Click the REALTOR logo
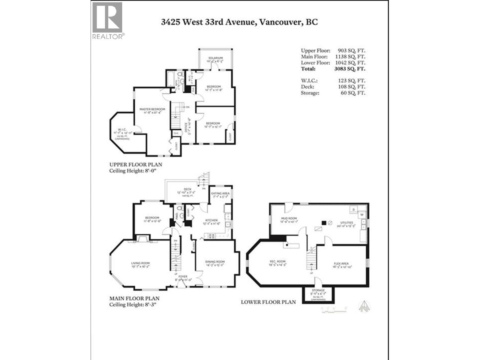coord(107,21)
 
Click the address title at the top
coord(239,22)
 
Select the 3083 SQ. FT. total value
coord(350,69)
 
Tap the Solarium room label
coord(215,58)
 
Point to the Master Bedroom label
coord(152,109)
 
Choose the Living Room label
coord(140,263)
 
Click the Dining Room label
coord(215,262)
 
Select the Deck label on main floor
coord(187,189)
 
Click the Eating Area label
coord(220,193)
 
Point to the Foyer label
coord(183,277)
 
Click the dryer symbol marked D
coord(354,209)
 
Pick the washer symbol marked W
coord(362,214)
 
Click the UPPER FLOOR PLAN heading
coord(136,165)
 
